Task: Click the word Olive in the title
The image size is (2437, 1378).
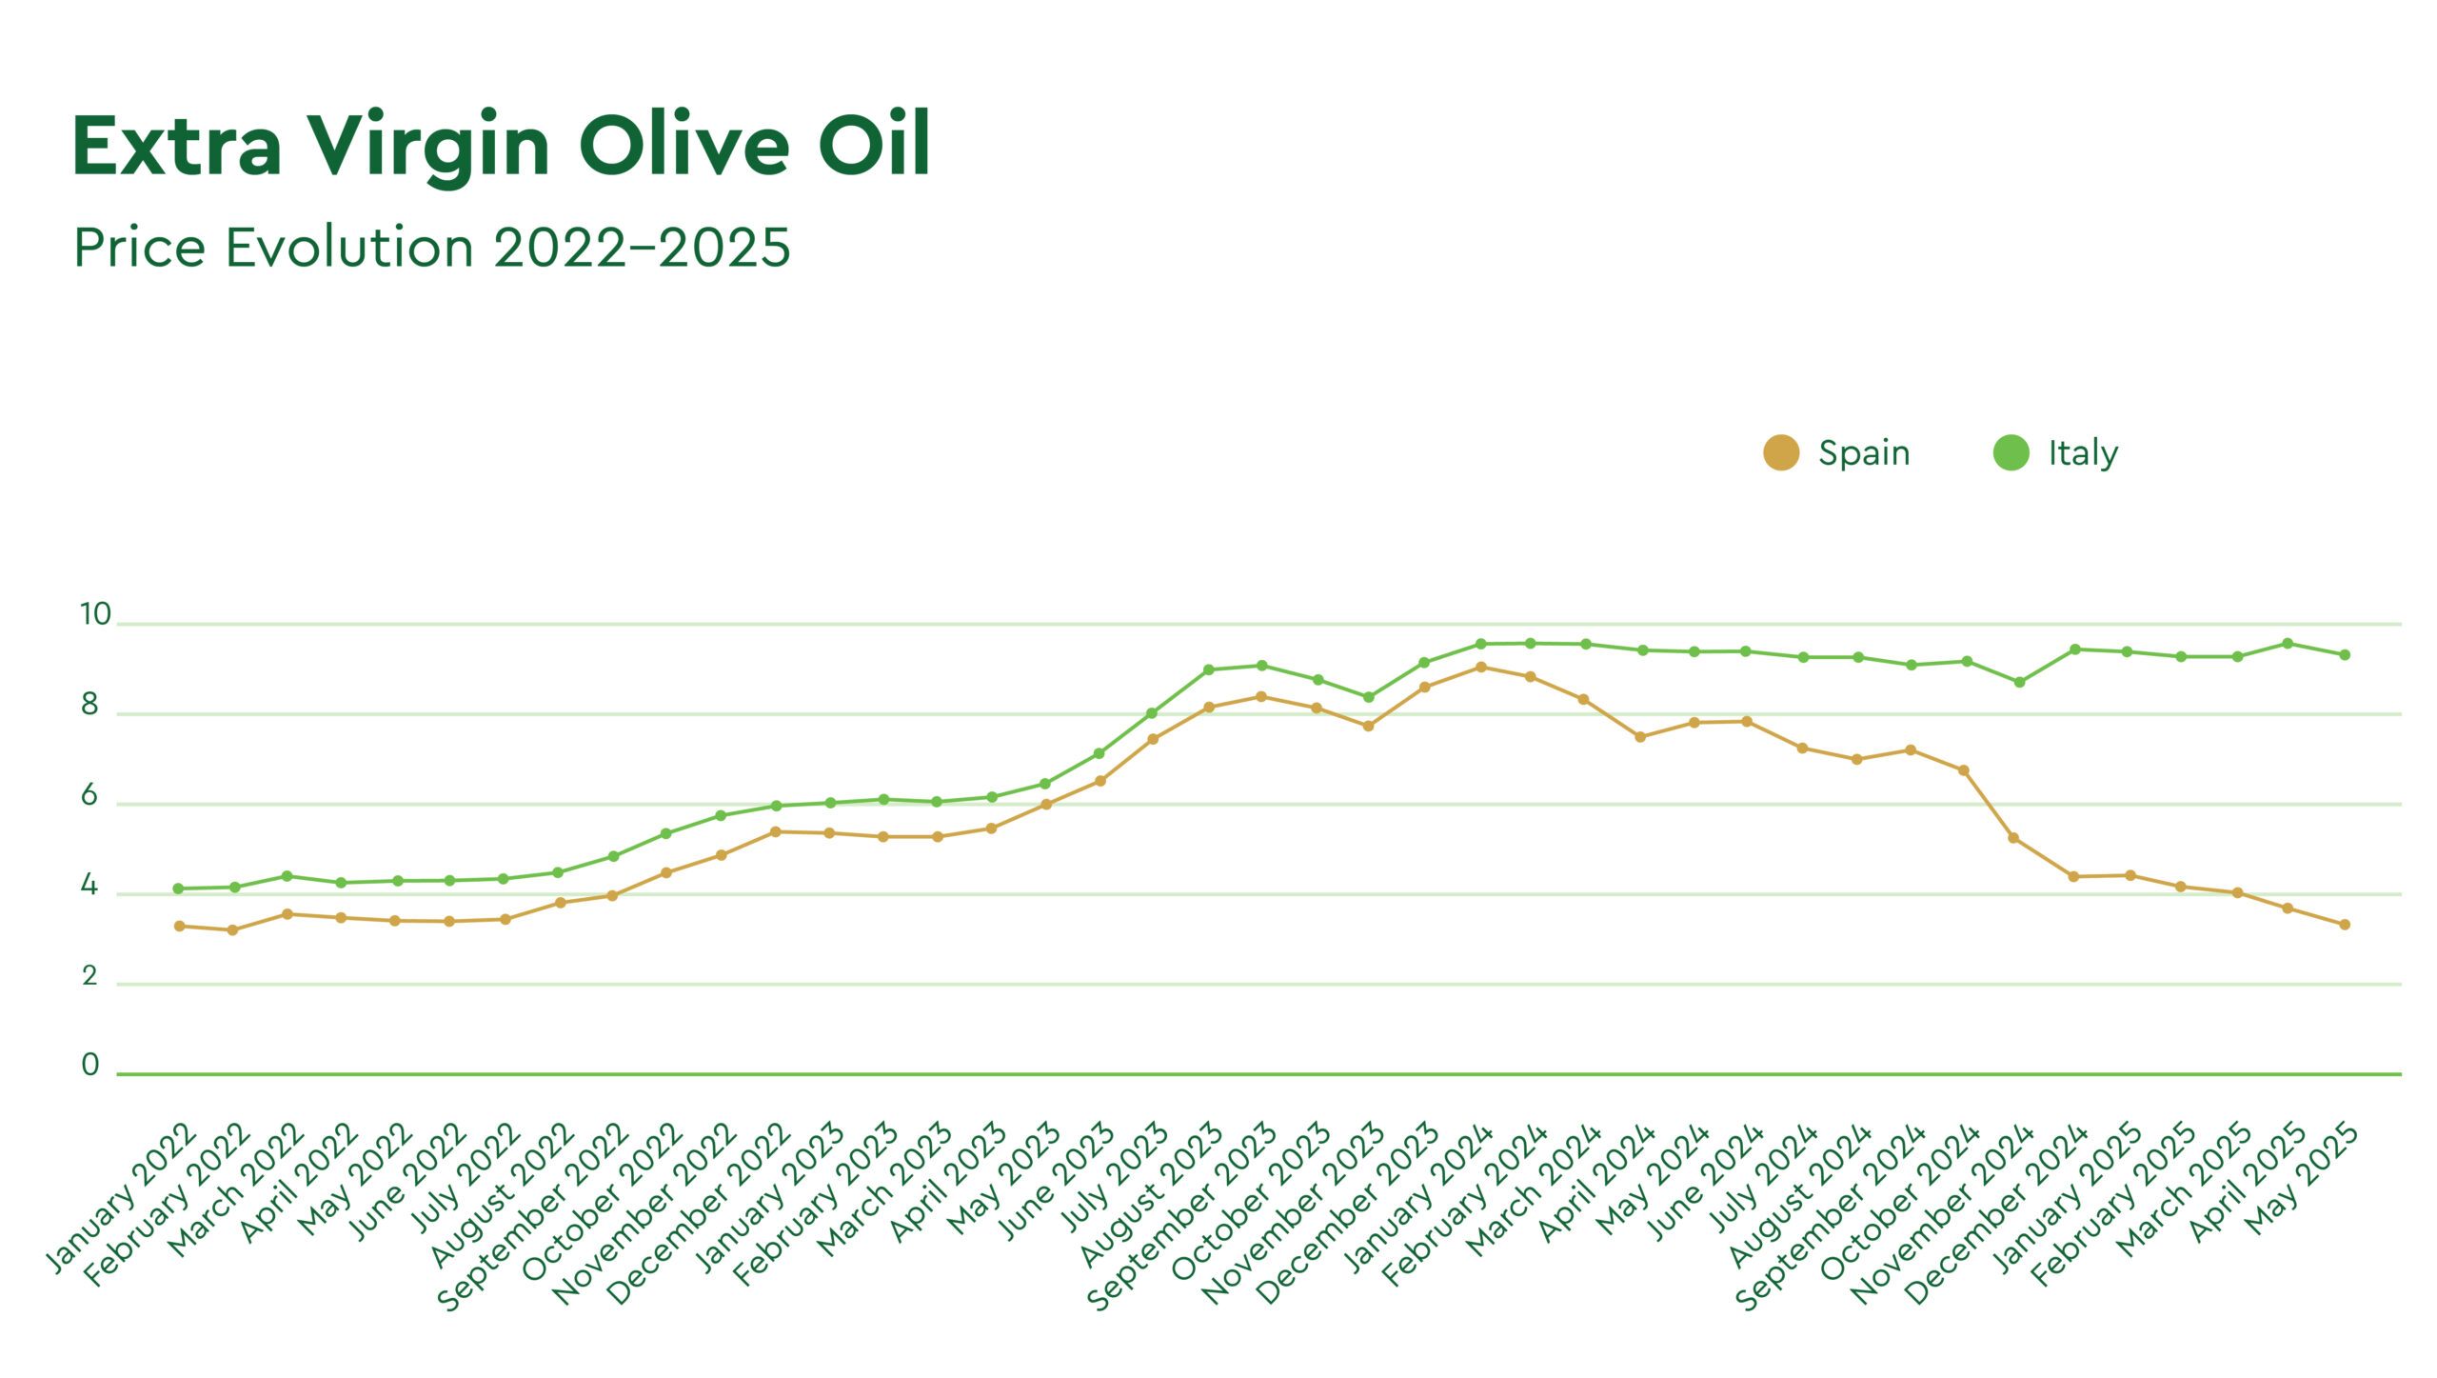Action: [x=684, y=146]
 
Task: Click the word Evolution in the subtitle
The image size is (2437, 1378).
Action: [x=348, y=248]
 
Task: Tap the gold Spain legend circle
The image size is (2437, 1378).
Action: [x=1780, y=452]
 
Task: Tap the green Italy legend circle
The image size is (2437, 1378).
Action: [x=2011, y=452]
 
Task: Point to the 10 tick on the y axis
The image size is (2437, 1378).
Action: [x=95, y=614]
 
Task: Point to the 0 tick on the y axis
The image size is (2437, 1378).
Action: [x=90, y=1065]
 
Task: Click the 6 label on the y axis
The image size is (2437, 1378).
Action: [x=89, y=795]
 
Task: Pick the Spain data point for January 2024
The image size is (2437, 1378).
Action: [x=1480, y=668]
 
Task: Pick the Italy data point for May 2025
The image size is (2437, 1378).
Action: [x=2345, y=655]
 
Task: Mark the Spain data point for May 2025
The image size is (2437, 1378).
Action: [x=2345, y=925]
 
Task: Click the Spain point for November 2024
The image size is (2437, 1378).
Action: [x=2013, y=838]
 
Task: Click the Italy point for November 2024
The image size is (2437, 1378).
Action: [x=2019, y=683]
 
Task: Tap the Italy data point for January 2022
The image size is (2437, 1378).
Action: [x=178, y=889]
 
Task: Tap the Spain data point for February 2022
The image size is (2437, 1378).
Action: [x=232, y=930]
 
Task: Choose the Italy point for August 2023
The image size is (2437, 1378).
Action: [x=1208, y=669]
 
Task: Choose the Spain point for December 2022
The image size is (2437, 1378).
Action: [x=775, y=832]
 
